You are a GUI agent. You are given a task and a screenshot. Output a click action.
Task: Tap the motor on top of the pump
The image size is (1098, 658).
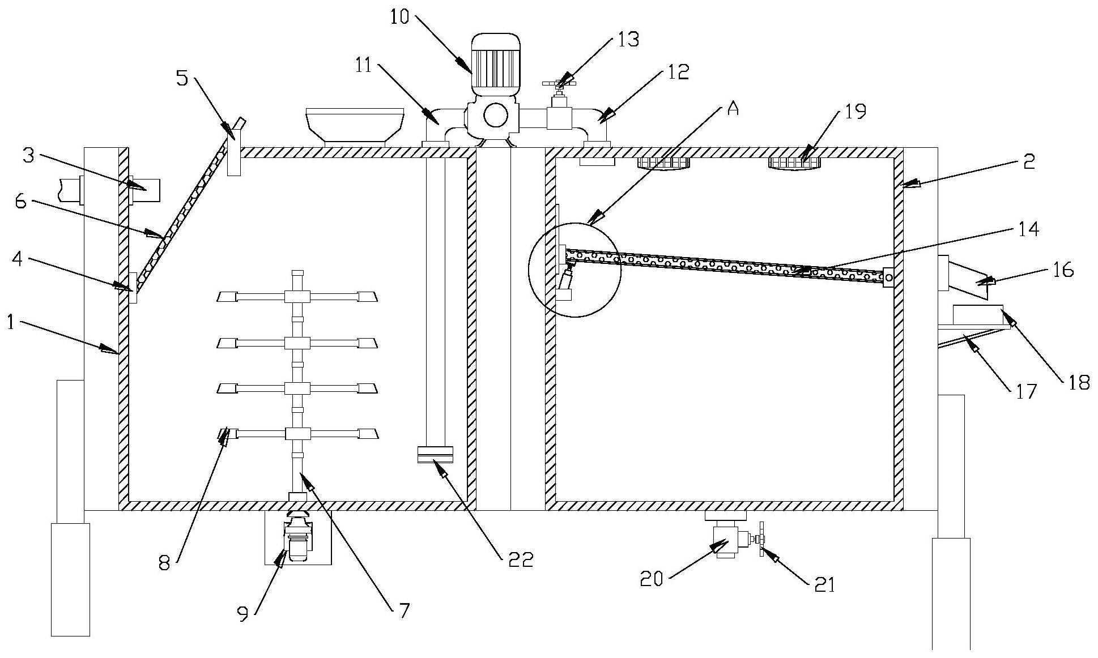point(495,63)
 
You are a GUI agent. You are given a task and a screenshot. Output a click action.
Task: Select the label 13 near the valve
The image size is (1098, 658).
point(627,39)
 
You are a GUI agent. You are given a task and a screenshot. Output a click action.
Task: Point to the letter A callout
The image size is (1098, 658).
point(733,109)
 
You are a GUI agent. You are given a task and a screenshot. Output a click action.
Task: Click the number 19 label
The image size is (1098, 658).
point(855,112)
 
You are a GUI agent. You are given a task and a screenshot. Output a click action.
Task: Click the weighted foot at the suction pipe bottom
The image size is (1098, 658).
point(435,455)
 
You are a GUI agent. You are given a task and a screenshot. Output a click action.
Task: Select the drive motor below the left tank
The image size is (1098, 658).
point(299,542)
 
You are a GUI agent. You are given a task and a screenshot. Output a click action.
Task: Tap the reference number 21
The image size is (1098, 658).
point(825,585)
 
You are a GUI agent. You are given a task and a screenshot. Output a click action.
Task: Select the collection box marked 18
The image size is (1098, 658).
point(978,315)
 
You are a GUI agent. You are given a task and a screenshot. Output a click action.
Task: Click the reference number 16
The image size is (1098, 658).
point(1064,270)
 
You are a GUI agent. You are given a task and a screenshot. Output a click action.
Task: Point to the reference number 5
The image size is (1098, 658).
point(182,78)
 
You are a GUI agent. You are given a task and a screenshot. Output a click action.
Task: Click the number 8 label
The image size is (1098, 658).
point(164,565)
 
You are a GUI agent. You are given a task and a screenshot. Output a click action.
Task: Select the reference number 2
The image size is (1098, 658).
point(1029,162)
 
